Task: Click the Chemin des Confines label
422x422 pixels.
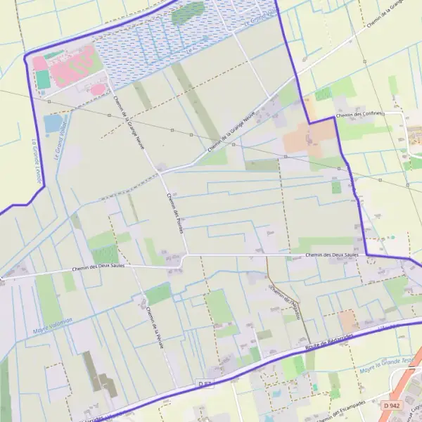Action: click(x=359, y=115)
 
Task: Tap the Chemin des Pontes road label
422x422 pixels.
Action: click(x=175, y=218)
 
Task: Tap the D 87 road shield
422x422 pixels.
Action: click(x=205, y=383)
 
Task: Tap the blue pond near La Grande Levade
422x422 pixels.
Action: click(x=53, y=124)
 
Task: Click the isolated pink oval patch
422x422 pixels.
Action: click(x=97, y=89)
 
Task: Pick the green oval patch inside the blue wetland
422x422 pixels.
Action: click(x=188, y=13)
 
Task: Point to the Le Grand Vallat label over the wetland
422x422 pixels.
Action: click(x=262, y=15)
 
